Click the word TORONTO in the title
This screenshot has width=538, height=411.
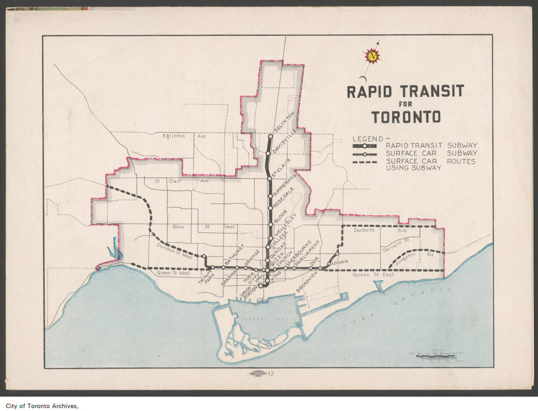[406, 117]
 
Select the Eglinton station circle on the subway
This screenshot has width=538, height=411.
[271, 136]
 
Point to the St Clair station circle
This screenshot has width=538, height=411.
[270, 178]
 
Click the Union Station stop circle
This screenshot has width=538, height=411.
[260, 285]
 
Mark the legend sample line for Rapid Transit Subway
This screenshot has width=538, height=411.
[364, 146]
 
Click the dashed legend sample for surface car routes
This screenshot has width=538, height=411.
[364, 161]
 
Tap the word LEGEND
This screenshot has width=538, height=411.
[368, 139]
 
